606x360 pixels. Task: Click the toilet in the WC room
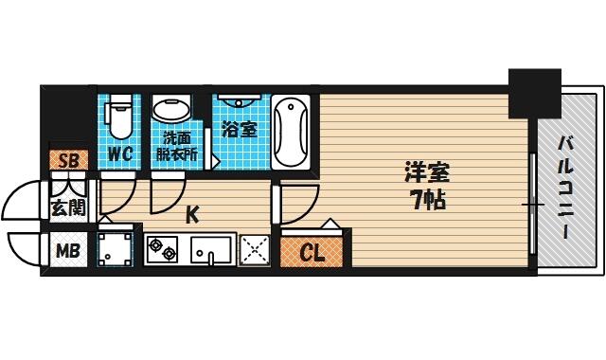(x=120, y=116)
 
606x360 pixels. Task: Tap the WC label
(x=120, y=154)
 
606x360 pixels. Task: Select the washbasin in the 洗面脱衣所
(x=171, y=107)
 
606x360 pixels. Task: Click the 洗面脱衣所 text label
(x=177, y=147)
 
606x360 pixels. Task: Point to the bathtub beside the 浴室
(x=291, y=132)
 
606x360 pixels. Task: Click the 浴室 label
(x=240, y=129)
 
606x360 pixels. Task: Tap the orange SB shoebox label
(x=69, y=160)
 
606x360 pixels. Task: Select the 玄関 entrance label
(x=68, y=207)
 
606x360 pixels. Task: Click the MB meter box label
(x=68, y=251)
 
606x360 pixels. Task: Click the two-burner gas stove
(x=162, y=249)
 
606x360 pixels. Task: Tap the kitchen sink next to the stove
(x=211, y=250)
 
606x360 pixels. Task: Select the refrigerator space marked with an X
(x=255, y=250)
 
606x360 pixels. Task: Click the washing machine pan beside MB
(x=116, y=249)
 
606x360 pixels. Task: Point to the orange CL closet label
(x=312, y=253)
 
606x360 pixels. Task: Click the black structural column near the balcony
(x=534, y=94)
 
